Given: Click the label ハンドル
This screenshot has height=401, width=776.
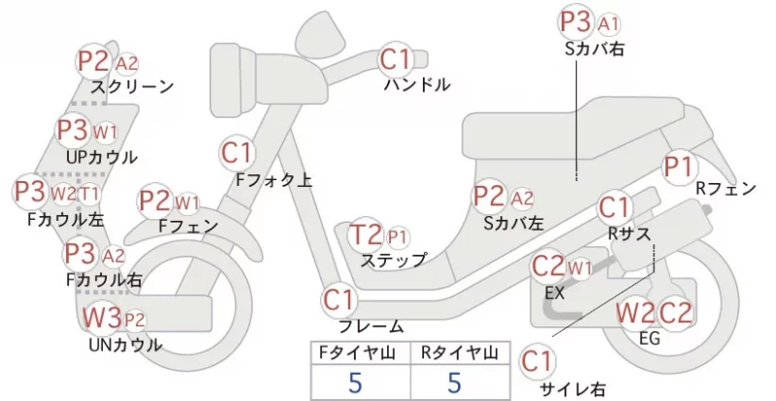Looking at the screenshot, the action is pyautogui.click(x=417, y=84).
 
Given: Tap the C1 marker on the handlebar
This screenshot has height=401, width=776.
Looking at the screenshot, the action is pyautogui.click(x=396, y=59).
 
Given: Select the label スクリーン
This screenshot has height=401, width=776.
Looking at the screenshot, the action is pyautogui.click(x=132, y=87).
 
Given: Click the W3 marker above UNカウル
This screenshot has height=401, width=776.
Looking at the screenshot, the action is pyautogui.click(x=102, y=318).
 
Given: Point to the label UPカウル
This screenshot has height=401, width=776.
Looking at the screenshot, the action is pyautogui.click(x=102, y=157).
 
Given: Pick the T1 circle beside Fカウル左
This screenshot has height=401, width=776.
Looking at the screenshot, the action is pyautogui.click(x=89, y=194).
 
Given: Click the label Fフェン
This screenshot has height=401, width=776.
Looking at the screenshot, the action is pyautogui.click(x=188, y=226).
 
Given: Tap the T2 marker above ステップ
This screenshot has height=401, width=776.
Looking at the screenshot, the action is pyautogui.click(x=367, y=235).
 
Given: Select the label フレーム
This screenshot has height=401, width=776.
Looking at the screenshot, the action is pyautogui.click(x=371, y=326).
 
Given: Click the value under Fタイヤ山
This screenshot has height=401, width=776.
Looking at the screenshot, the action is pyautogui.click(x=355, y=383).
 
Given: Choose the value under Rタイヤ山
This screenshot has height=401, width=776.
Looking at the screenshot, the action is pyautogui.click(x=454, y=383).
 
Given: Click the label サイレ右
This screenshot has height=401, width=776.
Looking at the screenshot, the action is pyautogui.click(x=572, y=389).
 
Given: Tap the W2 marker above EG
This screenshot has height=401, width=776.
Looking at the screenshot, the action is pyautogui.click(x=635, y=313).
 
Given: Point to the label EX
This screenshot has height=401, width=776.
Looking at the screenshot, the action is pyautogui.click(x=554, y=293).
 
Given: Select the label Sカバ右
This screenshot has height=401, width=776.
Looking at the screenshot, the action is pyautogui.click(x=595, y=48).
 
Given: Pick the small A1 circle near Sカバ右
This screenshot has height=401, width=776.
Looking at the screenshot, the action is pyautogui.click(x=609, y=24).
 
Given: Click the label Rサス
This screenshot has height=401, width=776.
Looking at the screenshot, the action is pyautogui.click(x=629, y=232).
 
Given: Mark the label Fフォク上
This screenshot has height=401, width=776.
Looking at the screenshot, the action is pyautogui.click(x=274, y=180).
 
